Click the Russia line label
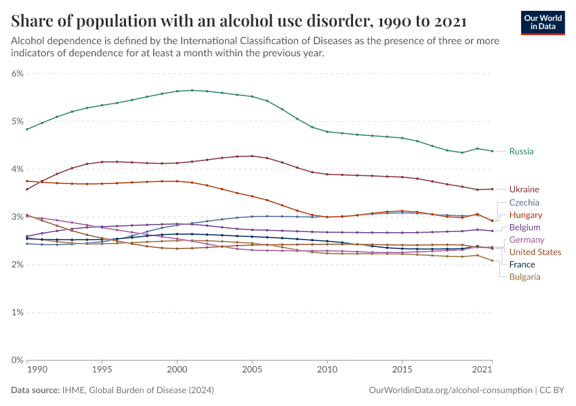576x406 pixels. [x=521, y=152]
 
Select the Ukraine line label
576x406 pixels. [x=524, y=189]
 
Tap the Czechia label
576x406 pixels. [x=524, y=202]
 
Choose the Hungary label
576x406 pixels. [x=525, y=215]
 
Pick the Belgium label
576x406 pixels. [x=524, y=227]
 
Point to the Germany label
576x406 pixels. [x=527, y=240]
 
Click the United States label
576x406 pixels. [x=535, y=252]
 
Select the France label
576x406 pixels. [x=522, y=265]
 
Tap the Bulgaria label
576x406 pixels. [x=524, y=277]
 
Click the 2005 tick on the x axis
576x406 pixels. [x=252, y=371]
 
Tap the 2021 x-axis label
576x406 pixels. [x=482, y=371]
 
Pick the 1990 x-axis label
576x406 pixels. [x=37, y=371]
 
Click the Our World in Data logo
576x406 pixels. [x=543, y=22]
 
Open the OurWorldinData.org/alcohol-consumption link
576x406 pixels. [x=450, y=390]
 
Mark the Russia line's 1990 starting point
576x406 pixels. [x=26, y=129]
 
